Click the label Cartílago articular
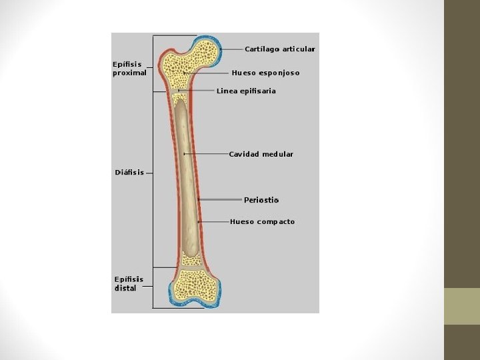click(280, 49)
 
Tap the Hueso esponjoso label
click(265, 73)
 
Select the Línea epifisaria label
click(246, 91)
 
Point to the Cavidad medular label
click(261, 154)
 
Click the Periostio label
click(261, 200)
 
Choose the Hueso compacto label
click(262, 222)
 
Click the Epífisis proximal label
click(129, 69)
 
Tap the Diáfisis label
click(129, 173)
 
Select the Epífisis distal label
click(129, 284)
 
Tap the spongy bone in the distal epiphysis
click(195, 285)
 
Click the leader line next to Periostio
click(220, 199)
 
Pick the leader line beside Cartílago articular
click(232, 49)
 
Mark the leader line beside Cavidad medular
click(207, 154)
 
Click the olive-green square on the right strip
click(462, 306)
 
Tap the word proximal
click(129, 73)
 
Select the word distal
click(125, 289)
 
